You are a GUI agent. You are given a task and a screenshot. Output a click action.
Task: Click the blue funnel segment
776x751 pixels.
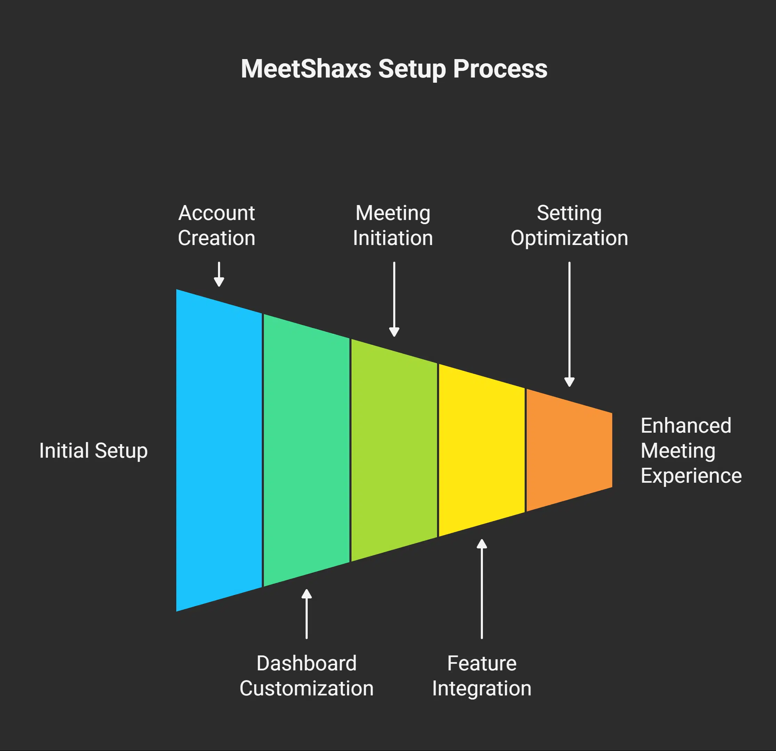pyautogui.click(x=219, y=450)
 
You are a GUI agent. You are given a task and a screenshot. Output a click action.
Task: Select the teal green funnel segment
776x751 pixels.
pyautogui.click(x=306, y=450)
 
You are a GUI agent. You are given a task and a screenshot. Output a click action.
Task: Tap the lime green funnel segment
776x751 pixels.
pyautogui.click(x=394, y=450)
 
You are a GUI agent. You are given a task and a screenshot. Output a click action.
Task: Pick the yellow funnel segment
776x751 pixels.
pyautogui.click(x=482, y=450)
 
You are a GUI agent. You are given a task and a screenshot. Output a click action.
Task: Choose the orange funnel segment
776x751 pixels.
pyautogui.click(x=569, y=450)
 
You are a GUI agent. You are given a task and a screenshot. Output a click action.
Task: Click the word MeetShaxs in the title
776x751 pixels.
pyautogui.click(x=306, y=69)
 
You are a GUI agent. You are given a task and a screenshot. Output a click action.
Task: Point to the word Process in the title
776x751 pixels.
pyautogui.click(x=500, y=69)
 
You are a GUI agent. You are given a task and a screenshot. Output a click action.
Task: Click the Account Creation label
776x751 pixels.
pyautogui.click(x=217, y=226)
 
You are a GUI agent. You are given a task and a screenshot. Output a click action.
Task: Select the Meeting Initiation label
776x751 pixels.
pyautogui.click(x=393, y=226)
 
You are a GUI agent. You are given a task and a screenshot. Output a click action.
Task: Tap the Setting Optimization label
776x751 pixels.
pyautogui.click(x=569, y=226)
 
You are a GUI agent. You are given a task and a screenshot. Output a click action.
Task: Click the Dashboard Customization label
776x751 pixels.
pyautogui.click(x=306, y=676)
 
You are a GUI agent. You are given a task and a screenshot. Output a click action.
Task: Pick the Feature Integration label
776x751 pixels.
pyautogui.click(x=482, y=676)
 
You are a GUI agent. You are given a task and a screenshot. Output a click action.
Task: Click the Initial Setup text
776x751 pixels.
pyautogui.click(x=94, y=451)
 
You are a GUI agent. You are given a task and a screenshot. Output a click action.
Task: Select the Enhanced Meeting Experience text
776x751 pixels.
pyautogui.click(x=690, y=451)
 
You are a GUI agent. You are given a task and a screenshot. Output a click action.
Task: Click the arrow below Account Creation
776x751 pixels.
pyautogui.click(x=219, y=274)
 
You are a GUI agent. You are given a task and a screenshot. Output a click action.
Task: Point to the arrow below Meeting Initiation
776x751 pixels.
pyautogui.click(x=394, y=299)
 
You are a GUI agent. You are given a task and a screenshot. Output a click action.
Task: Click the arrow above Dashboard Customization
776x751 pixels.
pyautogui.click(x=306, y=614)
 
